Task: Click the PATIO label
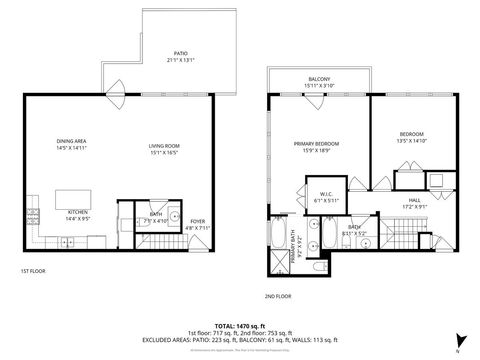(181, 53)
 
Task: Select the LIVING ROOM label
(163, 148)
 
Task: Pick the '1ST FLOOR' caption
(33, 271)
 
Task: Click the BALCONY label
(319, 79)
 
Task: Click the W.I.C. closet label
(327, 195)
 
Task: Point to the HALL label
(414, 201)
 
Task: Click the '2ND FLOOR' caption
(278, 296)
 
